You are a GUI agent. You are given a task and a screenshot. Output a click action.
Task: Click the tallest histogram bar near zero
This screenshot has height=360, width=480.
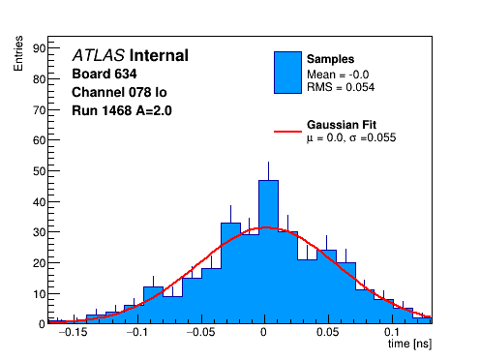pos(268,252)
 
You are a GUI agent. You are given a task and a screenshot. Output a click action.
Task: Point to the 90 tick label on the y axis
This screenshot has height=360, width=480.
pos(40,48)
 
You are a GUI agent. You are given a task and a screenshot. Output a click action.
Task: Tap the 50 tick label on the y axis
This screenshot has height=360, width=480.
pos(40,171)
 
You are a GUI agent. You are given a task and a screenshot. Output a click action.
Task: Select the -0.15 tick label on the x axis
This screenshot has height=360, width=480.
pos(74,332)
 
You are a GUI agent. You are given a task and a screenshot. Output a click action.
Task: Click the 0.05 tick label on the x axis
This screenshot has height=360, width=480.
pos(328,332)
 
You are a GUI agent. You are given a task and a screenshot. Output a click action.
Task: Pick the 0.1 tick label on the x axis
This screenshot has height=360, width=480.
pos(392,332)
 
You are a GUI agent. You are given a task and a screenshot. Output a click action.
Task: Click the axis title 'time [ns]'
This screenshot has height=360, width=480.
pos(409,344)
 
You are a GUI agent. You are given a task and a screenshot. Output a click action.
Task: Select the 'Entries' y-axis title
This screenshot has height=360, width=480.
pos(18,53)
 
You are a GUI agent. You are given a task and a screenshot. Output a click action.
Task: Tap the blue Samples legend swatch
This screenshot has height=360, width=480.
pos(287,73)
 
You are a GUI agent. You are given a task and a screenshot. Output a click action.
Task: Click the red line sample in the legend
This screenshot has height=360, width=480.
pos(287,132)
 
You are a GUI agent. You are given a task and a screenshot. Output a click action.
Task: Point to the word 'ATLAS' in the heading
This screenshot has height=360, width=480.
pos(99,55)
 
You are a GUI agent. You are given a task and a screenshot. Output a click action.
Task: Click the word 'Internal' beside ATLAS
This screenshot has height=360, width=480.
pos(159,55)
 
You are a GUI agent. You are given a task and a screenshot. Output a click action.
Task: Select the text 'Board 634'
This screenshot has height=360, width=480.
pos(105,74)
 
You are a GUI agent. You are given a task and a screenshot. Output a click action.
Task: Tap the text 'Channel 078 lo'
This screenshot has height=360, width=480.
pos(119,92)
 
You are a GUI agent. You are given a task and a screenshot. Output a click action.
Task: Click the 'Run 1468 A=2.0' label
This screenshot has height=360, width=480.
pos(122,110)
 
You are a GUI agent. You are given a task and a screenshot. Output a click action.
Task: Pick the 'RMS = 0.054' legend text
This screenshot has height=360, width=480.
pos(341,87)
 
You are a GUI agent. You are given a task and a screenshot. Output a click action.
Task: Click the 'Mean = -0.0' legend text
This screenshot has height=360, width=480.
pos(338,75)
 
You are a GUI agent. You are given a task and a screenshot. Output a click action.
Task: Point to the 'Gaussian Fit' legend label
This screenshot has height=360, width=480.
pos(342,125)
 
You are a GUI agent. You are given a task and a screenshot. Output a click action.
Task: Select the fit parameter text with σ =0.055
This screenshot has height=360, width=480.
pos(351,137)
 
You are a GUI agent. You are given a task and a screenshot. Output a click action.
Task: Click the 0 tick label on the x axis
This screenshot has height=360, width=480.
pos(264,332)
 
